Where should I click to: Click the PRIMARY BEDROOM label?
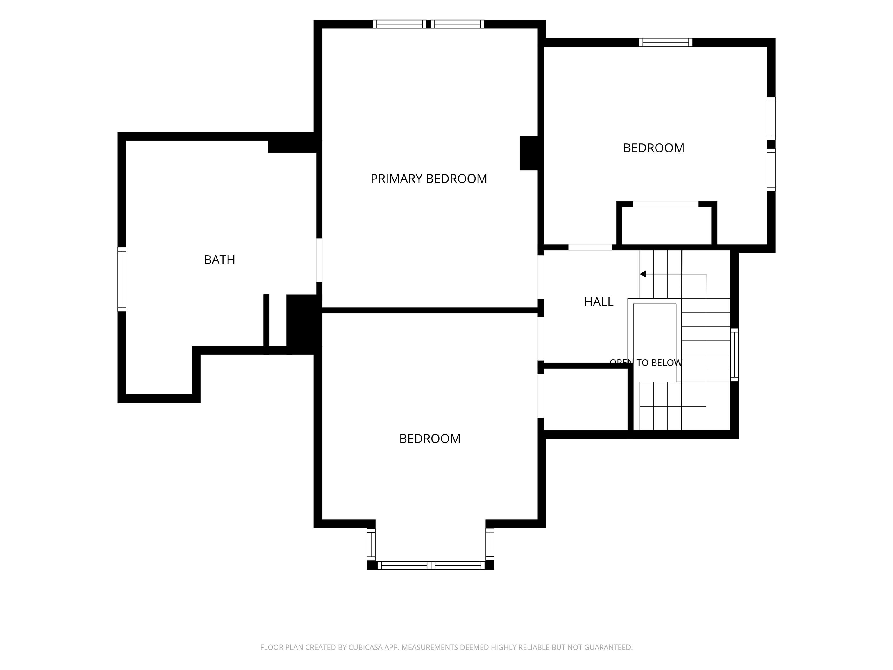(429, 179)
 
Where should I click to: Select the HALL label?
(599, 302)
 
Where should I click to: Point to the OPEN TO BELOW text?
(646, 363)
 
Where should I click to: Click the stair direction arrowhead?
(643, 274)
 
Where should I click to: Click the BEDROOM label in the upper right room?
(653, 148)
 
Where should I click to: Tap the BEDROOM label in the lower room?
(430, 439)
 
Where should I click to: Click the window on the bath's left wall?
(122, 279)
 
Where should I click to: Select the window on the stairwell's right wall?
(734, 354)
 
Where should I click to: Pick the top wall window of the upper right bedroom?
(666, 42)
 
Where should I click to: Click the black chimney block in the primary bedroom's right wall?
(529, 153)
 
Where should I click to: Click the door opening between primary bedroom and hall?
(541, 277)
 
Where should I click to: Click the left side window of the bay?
(371, 544)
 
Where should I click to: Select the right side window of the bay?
(490, 544)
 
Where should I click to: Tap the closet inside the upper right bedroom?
(667, 225)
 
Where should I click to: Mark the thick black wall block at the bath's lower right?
(303, 324)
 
